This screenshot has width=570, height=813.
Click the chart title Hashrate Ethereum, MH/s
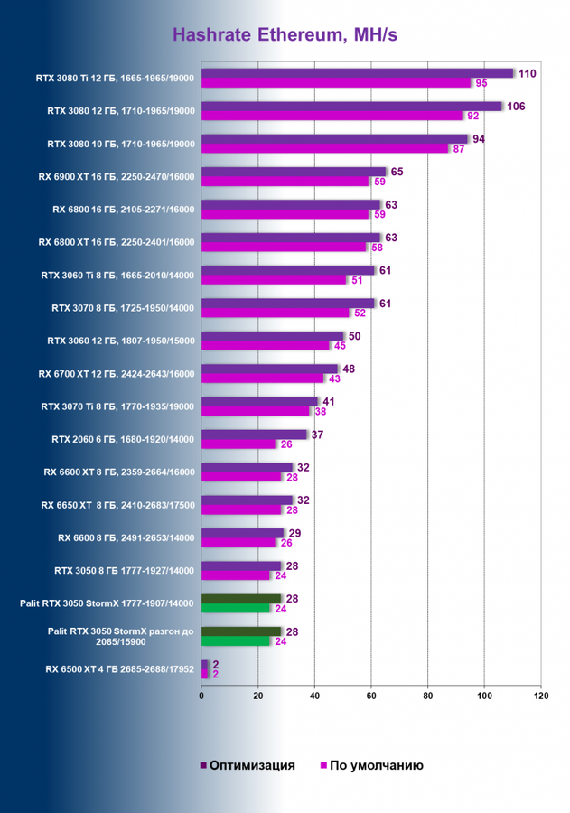tap(285, 35)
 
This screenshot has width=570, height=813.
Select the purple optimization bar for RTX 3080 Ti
tap(358, 73)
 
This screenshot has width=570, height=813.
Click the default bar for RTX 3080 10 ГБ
tap(325, 148)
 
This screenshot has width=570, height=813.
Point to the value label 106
tap(516, 107)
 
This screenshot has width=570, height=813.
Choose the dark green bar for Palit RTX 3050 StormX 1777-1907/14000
tap(241, 598)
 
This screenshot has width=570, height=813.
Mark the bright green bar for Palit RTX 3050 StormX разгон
tap(236, 640)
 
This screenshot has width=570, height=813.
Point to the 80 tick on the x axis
tap(428, 696)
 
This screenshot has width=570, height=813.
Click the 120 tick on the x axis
tap(541, 696)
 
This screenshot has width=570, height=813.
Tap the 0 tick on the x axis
tap(201, 696)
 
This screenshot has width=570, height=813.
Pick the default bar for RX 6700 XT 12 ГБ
tap(263, 378)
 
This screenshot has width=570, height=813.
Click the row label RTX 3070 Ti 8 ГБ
tap(117, 406)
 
